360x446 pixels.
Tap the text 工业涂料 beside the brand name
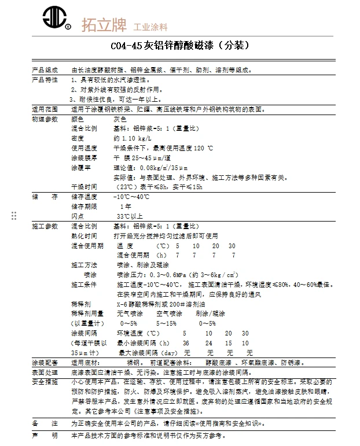click(x=151, y=27)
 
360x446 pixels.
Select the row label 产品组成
click(x=45, y=70)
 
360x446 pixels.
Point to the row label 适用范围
click(x=45, y=108)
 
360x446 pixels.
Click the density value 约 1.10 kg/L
click(x=133, y=138)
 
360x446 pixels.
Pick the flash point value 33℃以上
click(x=130, y=216)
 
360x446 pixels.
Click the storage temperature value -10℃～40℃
click(x=133, y=197)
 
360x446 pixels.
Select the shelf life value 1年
click(x=125, y=207)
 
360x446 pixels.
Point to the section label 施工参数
click(x=45, y=226)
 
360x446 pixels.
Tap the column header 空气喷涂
click(x=168, y=313)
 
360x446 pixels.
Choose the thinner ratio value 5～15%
click(x=167, y=323)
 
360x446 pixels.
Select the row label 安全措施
click(x=45, y=382)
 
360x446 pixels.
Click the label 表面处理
click(x=45, y=373)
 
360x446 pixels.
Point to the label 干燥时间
click(x=84, y=187)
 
